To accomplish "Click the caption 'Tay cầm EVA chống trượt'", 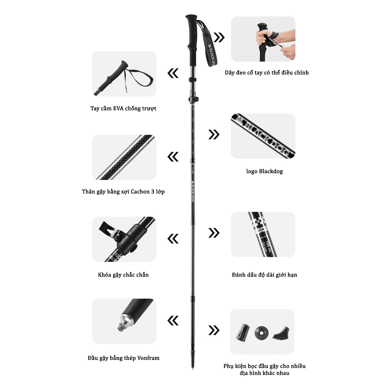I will pos(123,108).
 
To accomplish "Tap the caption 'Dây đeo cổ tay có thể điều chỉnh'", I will pos(266,73).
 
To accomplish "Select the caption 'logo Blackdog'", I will pos(264,171).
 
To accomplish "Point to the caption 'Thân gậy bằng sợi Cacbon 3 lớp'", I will pos(123,192).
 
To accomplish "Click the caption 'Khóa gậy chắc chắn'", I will pos(123,275).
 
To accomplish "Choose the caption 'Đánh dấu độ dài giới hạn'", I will pos(264,275).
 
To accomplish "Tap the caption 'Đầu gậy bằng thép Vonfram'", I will pos(123,358).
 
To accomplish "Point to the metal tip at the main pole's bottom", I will pos(193,366).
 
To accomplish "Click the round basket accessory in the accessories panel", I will pos(261,332).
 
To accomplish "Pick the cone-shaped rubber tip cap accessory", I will pos(243,332).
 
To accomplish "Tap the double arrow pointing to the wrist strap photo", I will pos(219,37).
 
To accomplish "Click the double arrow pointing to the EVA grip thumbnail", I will pos(173,73).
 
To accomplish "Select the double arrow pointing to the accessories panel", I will pos(214,330).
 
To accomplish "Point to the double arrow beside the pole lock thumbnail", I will pos(173,239).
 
